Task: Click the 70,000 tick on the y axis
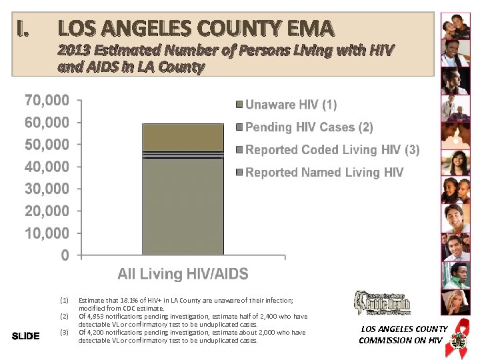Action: point(47,101)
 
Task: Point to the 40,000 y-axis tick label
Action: point(47,167)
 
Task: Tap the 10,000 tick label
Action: point(47,233)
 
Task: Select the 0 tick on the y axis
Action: point(65,255)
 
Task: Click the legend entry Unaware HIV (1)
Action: point(291,105)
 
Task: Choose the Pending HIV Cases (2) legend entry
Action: point(309,127)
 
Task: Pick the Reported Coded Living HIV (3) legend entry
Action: point(332,150)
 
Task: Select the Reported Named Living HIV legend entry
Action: point(324,173)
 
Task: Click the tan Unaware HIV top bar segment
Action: point(183,137)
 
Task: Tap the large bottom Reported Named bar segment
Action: point(183,207)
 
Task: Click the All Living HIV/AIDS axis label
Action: point(183,274)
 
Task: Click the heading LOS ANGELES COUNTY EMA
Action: point(195,29)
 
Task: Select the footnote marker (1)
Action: point(65,301)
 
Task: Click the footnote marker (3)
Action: point(65,332)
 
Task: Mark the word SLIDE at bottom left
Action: point(26,335)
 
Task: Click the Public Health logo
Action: point(382,304)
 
